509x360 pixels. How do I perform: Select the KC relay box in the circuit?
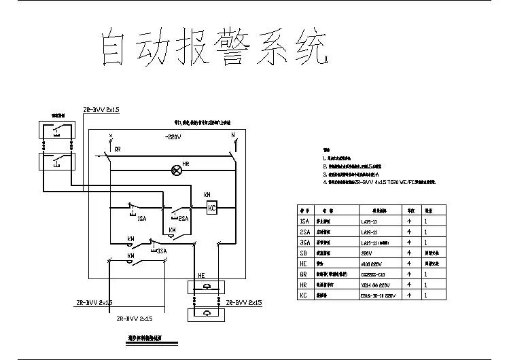point(211,208)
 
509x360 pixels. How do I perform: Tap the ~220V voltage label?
point(173,137)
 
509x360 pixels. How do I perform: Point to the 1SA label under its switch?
point(142,219)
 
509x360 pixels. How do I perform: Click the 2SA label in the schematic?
point(183,218)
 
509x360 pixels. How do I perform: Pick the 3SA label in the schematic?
point(161,251)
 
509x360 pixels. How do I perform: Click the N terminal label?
point(233,136)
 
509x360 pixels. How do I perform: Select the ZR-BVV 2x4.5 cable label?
point(135,318)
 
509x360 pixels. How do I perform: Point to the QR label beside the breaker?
point(118,149)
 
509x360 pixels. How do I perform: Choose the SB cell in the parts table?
point(304,252)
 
